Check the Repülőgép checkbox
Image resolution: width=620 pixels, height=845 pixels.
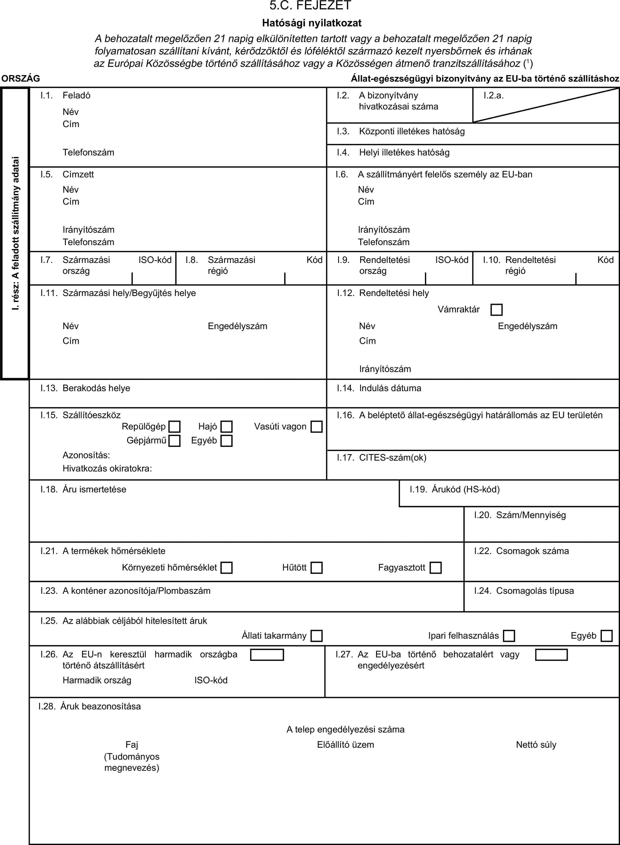174,427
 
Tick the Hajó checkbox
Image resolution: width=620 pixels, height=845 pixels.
226,427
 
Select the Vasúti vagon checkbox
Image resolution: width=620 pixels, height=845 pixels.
316,427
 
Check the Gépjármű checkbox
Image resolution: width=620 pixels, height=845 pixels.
174,441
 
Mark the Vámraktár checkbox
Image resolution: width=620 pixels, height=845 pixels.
496,310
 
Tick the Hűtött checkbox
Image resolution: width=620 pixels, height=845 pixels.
316,567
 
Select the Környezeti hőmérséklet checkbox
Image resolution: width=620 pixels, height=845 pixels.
226,567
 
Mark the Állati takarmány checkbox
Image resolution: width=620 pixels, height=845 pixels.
316,636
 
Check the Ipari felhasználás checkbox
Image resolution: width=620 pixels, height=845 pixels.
509,636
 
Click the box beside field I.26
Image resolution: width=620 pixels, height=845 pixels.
267,655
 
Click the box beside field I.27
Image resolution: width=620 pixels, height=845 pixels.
551,655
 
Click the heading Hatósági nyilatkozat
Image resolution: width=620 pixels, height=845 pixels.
311,23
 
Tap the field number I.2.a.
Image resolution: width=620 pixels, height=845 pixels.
493,95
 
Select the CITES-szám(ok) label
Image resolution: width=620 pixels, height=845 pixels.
393,457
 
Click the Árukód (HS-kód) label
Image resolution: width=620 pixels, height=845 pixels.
465,489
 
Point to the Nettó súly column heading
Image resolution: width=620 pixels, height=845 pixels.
536,745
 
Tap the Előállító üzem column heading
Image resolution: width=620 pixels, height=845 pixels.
345,745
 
